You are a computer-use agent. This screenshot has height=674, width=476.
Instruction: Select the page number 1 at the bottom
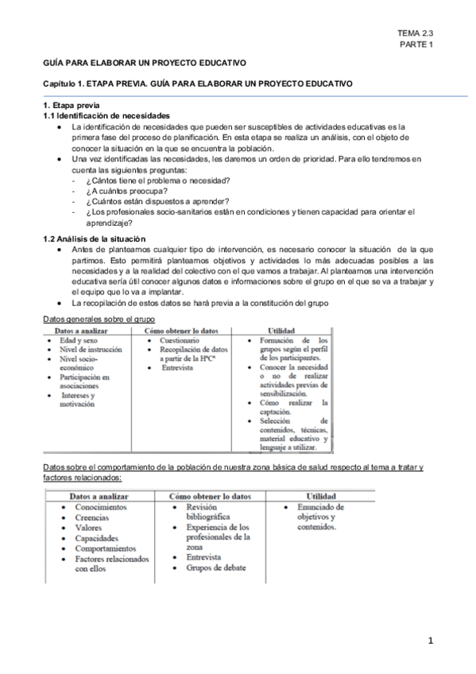pos(430,640)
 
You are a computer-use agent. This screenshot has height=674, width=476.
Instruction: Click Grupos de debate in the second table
pos(216,567)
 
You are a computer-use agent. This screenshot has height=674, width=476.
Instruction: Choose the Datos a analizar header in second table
pos(101,494)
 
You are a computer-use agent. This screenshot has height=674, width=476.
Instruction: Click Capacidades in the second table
pos(97,537)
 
